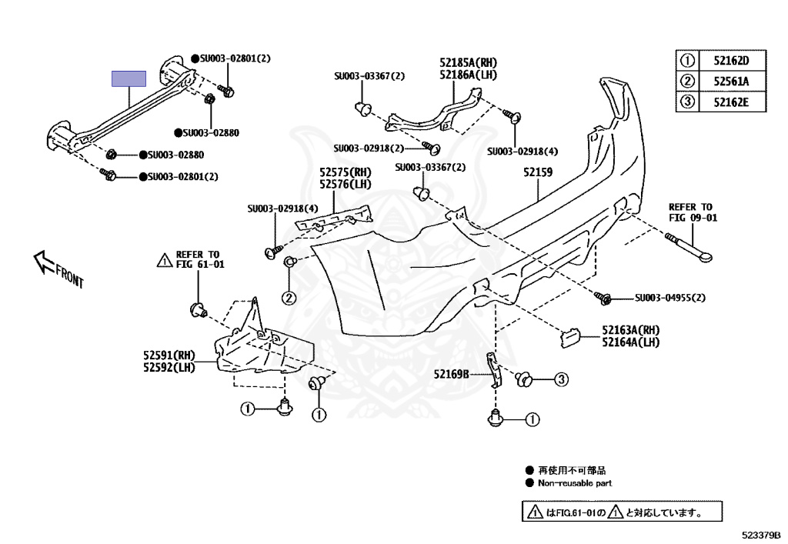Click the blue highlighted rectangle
(129, 78)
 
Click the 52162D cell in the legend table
(730, 61)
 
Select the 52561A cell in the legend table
(730, 81)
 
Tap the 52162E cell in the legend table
(730, 101)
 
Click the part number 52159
(538, 172)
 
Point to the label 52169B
(451, 374)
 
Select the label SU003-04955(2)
(669, 298)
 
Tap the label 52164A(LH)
(630, 342)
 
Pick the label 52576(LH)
(346, 184)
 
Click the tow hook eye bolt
(693, 245)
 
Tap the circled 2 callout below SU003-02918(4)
(288, 298)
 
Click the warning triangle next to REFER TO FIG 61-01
(164, 260)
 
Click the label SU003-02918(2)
(369, 148)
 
